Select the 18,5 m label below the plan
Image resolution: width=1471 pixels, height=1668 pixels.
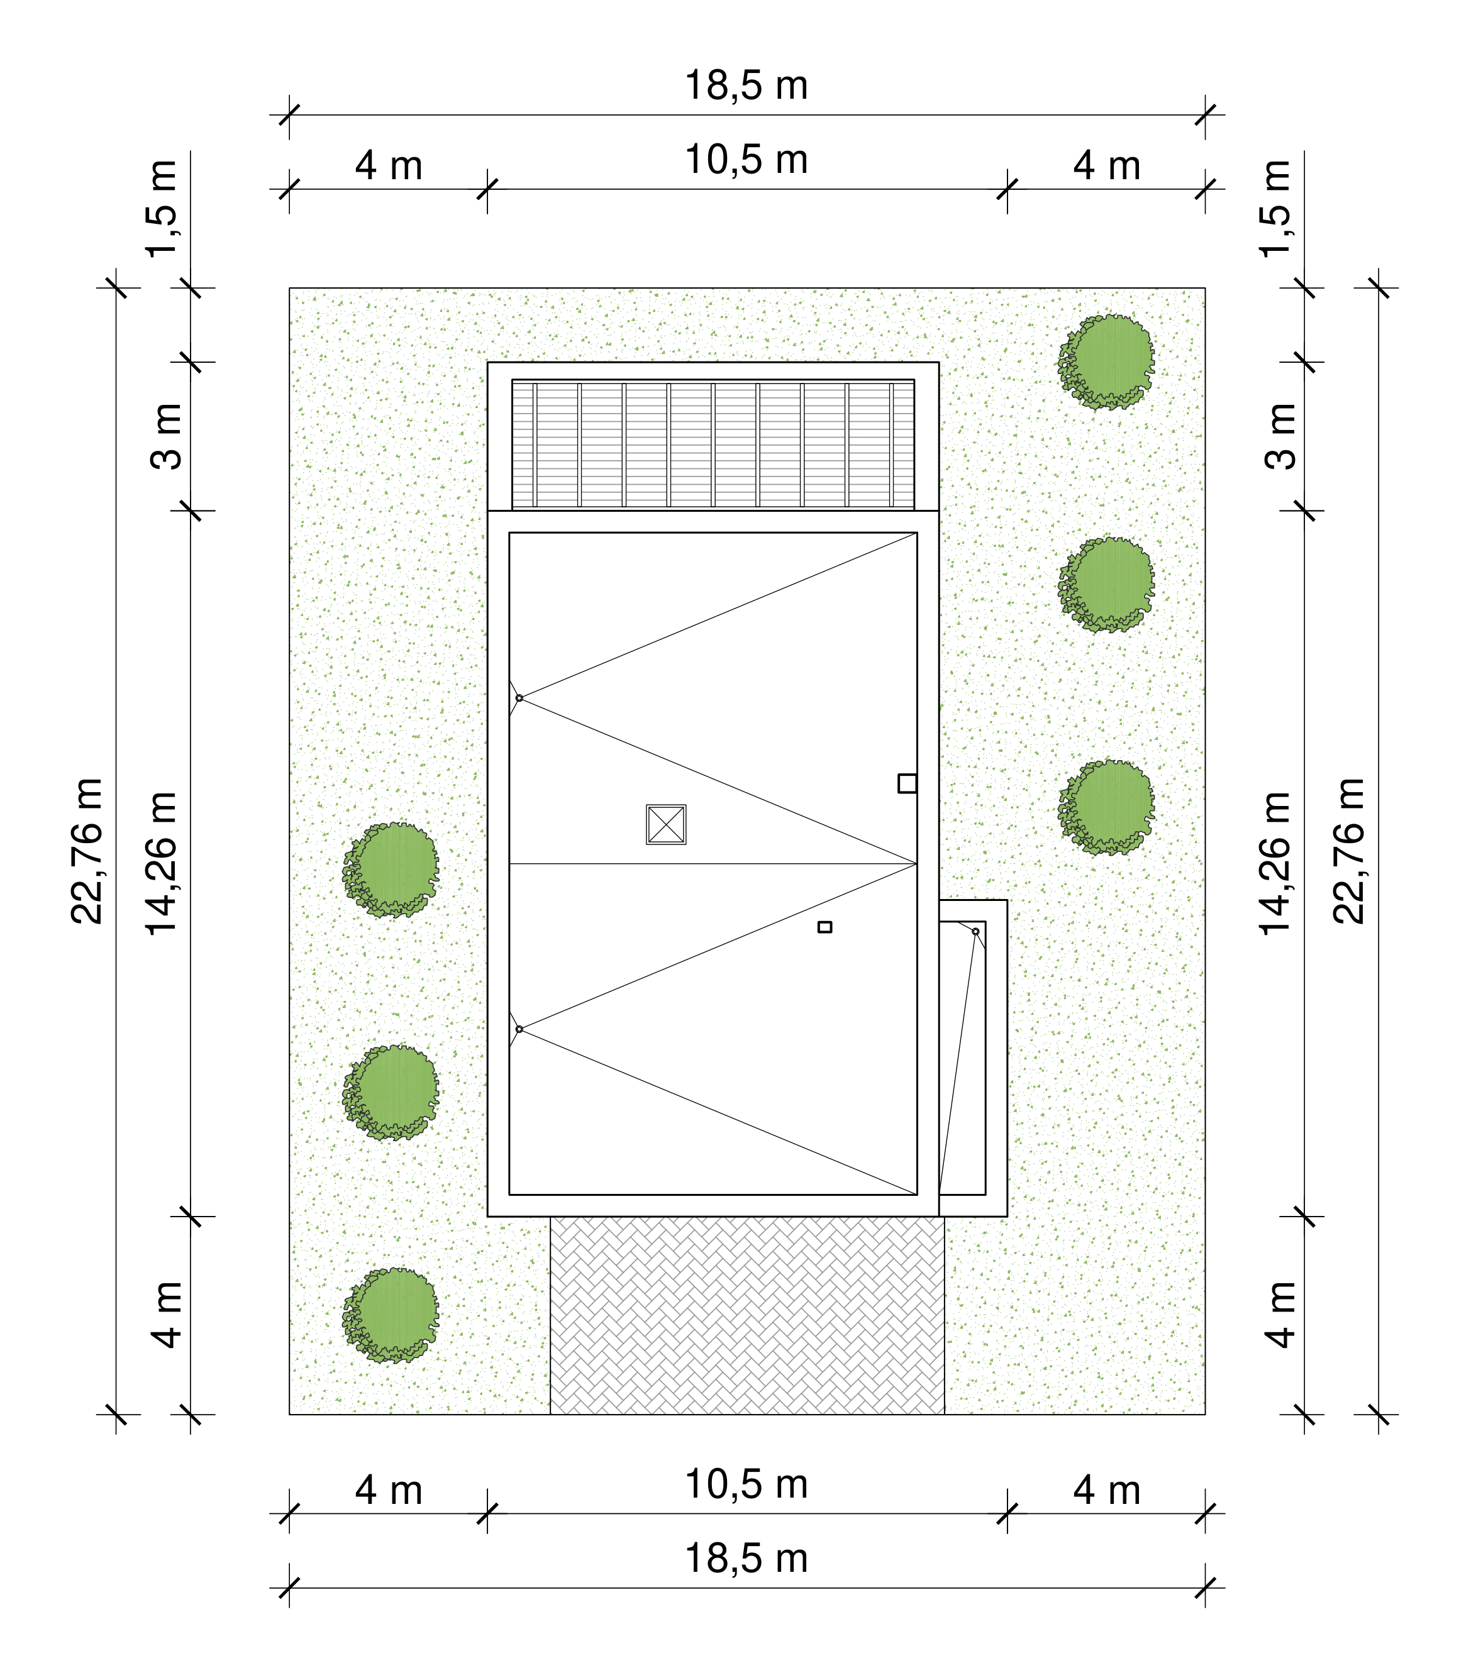point(746,1559)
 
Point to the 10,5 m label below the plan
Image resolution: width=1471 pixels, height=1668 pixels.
point(746,1485)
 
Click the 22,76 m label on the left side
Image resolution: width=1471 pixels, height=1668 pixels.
point(87,851)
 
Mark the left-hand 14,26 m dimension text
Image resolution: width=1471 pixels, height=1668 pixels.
point(162,863)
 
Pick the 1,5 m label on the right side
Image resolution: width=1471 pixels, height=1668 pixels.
point(1275,209)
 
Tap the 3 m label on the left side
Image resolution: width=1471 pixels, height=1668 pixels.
point(167,436)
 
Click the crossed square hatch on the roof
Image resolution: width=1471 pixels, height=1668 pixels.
point(666,824)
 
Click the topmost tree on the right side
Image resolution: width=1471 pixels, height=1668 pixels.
point(1106,362)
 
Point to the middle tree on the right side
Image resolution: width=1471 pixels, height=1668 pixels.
point(1106,584)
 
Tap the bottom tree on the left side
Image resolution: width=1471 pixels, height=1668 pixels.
point(390,1315)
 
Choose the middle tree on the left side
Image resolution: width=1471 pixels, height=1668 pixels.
point(390,1093)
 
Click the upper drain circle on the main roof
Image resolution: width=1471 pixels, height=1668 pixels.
point(519,699)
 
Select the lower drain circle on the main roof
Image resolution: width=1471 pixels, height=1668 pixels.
point(519,1029)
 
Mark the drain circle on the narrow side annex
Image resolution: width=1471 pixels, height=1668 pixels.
point(975,931)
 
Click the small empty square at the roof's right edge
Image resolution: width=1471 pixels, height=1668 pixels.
point(907,783)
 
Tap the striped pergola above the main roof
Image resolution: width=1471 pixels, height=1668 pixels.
point(713,445)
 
